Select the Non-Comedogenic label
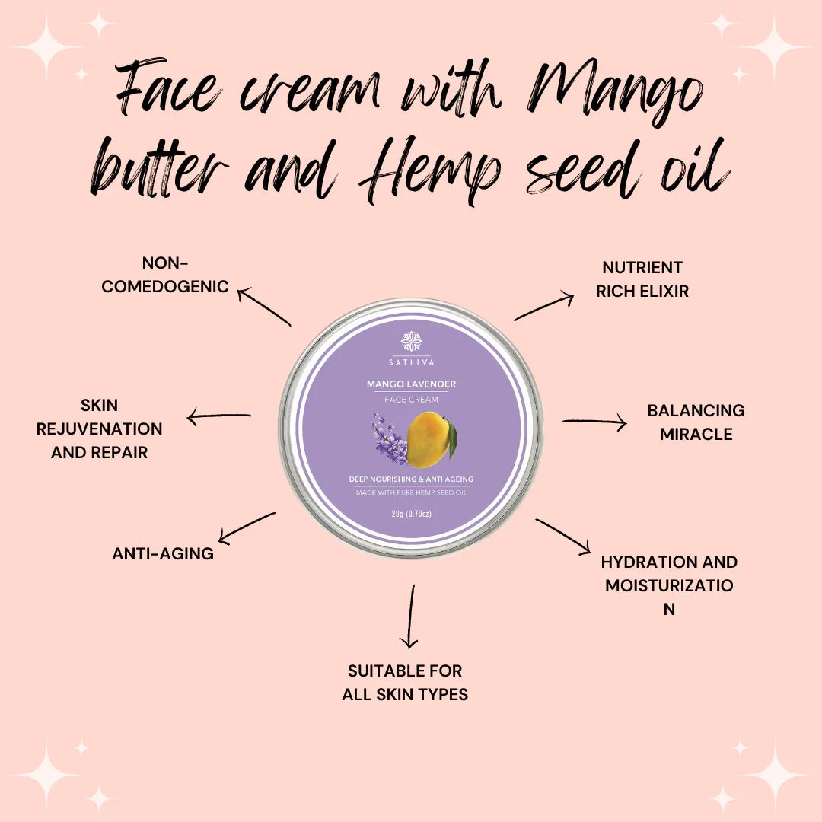pyautogui.click(x=165, y=275)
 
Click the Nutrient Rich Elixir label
pyautogui.click(x=642, y=279)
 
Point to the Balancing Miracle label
pyautogui.click(x=696, y=422)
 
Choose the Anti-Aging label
pyautogui.click(x=163, y=553)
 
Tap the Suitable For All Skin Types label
pyautogui.click(x=405, y=682)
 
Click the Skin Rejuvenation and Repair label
pyautogui.click(x=100, y=429)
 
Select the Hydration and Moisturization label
pyautogui.click(x=669, y=585)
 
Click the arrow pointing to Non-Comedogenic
pyautogui.click(x=263, y=305)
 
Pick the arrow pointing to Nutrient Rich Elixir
pyautogui.click(x=544, y=307)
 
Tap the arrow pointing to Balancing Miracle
pyautogui.click(x=594, y=421)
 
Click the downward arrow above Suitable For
pyautogui.click(x=411, y=616)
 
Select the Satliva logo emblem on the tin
pyautogui.click(x=411, y=341)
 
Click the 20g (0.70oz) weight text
pyautogui.click(x=411, y=514)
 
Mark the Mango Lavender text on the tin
pyautogui.click(x=411, y=384)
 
